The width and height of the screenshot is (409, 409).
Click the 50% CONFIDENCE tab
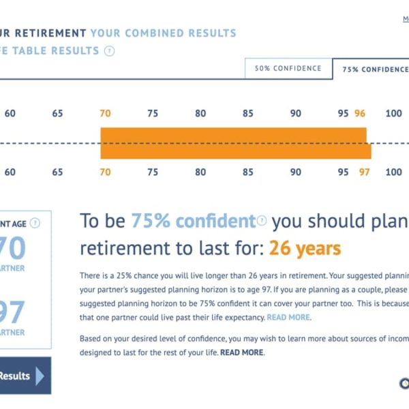coord(288,69)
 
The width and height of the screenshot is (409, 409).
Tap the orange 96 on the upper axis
coord(360,113)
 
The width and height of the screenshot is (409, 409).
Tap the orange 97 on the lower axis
coord(364,172)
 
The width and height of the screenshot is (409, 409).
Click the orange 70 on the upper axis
coord(105,113)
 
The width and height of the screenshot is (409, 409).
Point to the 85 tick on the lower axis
coord(247,172)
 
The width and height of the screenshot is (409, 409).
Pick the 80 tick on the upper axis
coord(200,113)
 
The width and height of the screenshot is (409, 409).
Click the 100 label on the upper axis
coord(393,113)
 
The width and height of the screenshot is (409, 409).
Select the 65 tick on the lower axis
coord(57,172)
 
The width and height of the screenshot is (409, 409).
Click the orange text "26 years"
coord(305,248)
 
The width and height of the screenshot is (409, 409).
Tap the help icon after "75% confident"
coord(262,221)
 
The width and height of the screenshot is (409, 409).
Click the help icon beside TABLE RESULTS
coord(110,51)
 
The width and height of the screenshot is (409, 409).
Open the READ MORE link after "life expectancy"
coord(288,318)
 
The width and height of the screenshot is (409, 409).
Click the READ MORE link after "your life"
coord(241,352)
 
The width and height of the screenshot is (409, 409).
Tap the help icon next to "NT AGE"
coord(35,223)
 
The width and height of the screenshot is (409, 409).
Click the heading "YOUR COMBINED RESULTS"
coord(163,33)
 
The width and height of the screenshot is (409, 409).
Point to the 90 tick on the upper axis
coord(295,113)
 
